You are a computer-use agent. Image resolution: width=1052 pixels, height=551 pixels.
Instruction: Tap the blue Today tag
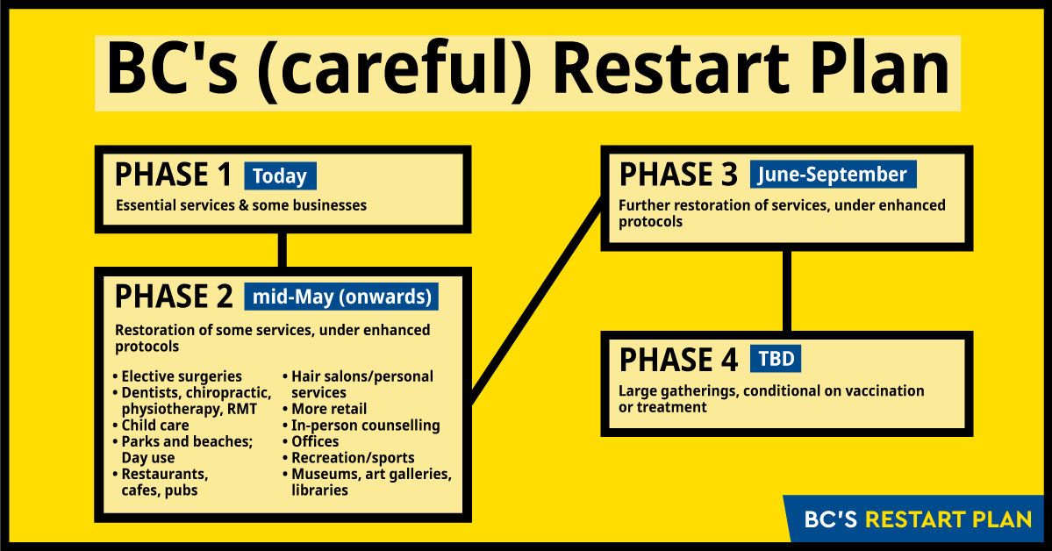coord(280,175)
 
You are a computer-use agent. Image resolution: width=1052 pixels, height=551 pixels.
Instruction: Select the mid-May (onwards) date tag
coord(341,297)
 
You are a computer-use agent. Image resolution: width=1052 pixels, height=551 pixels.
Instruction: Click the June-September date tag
coord(833,175)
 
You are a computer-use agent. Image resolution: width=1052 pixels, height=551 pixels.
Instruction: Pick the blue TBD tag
coord(776,359)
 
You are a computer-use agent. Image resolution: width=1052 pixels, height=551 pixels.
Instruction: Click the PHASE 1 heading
coord(173,175)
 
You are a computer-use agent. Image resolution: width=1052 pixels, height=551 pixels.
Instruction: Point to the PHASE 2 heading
coord(174,297)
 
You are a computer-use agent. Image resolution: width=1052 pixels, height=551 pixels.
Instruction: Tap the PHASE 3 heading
coord(677,175)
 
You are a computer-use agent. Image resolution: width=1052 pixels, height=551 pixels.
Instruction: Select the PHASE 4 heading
coord(678,360)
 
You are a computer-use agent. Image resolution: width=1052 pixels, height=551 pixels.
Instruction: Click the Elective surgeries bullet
coord(178,376)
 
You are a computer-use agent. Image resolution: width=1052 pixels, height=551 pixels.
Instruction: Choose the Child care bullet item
coord(151,426)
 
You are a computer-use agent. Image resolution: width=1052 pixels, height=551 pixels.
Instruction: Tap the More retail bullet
coord(325,409)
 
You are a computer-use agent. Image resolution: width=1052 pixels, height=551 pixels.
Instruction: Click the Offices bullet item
coord(311,441)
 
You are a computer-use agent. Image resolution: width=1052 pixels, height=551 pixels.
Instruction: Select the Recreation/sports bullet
coord(349,458)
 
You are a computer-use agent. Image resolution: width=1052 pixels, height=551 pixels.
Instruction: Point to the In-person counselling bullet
coord(361,426)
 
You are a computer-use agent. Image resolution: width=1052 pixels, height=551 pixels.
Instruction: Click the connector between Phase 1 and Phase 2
coord(282,250)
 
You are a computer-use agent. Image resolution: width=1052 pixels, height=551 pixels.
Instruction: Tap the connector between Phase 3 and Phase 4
coord(786,291)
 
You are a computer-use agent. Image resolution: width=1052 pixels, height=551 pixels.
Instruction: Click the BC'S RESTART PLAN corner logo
coord(917,519)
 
